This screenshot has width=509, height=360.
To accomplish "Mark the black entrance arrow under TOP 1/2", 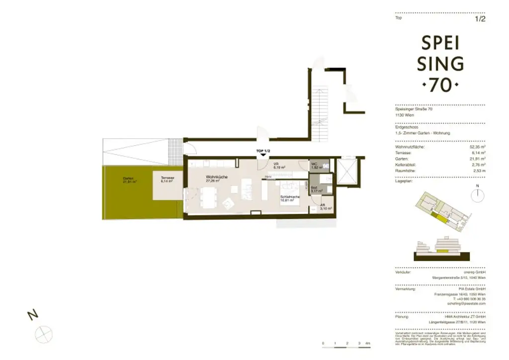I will click(262, 156).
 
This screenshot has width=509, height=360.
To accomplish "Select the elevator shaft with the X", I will click(346, 172).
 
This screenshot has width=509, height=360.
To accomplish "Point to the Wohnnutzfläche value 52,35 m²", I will click(477, 147).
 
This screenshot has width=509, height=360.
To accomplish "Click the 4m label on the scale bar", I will click(367, 344).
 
